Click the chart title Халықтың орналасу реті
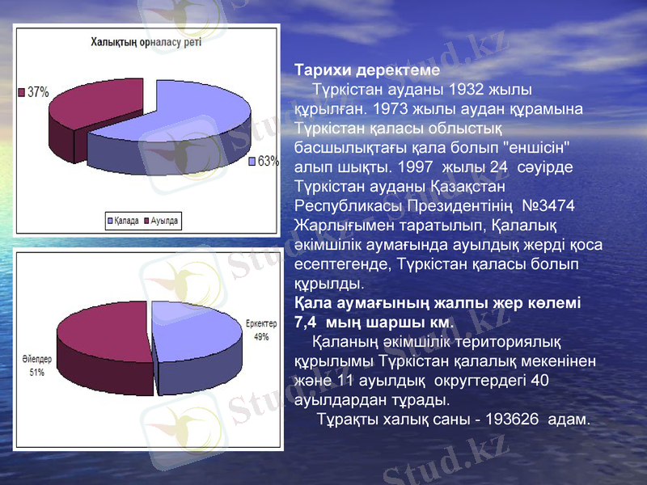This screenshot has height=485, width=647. click(146, 41)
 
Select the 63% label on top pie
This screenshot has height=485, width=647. click(269, 161)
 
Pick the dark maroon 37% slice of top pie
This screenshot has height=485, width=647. click(89, 105)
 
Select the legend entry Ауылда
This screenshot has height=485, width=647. click(162, 220)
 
